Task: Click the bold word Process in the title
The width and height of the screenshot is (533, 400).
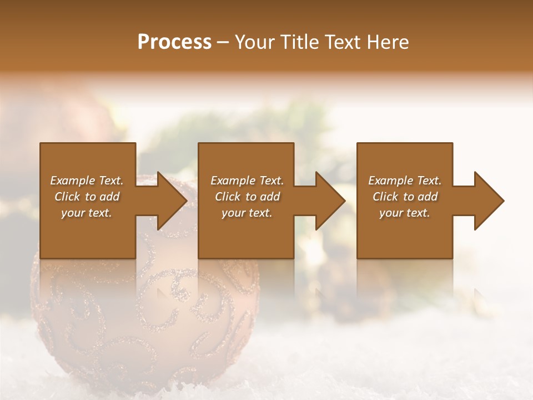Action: click(174, 42)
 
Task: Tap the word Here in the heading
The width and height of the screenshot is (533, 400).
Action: click(388, 42)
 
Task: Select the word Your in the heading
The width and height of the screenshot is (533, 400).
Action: click(255, 42)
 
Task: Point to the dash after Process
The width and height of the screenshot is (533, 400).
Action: click(223, 43)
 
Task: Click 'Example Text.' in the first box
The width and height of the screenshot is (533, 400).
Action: click(87, 181)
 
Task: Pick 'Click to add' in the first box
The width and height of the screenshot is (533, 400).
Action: click(87, 197)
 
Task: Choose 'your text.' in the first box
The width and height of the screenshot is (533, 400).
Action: click(87, 213)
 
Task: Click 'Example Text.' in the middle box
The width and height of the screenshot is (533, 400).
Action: click(247, 181)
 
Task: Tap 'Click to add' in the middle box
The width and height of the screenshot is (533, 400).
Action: click(247, 197)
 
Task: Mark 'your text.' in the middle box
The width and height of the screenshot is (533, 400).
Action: click(247, 213)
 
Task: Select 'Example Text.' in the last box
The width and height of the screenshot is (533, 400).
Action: click(405, 181)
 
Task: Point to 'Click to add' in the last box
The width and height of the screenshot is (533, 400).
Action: click(405, 197)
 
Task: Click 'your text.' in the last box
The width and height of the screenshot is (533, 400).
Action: click(405, 213)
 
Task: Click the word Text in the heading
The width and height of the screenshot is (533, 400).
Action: click(344, 42)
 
